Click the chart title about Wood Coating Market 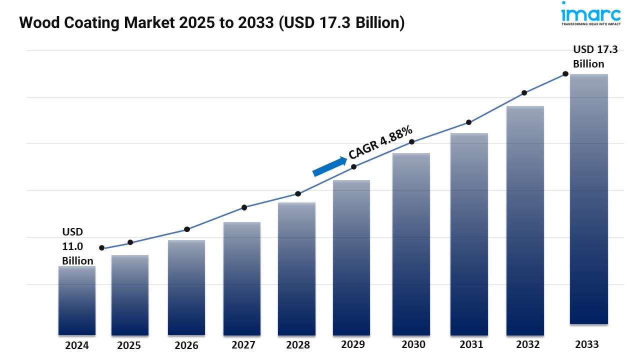click(211, 23)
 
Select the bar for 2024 click(76, 300)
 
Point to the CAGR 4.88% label click(380, 142)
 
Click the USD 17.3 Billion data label click(595, 56)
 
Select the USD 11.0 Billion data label click(77, 246)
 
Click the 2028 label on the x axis click(298, 345)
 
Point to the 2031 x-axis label click(471, 344)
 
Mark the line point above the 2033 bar click(565, 73)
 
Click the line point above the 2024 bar click(102, 248)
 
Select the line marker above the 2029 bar click(353, 167)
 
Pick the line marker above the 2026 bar click(187, 229)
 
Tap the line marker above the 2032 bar click(524, 93)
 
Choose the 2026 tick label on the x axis click(186, 345)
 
